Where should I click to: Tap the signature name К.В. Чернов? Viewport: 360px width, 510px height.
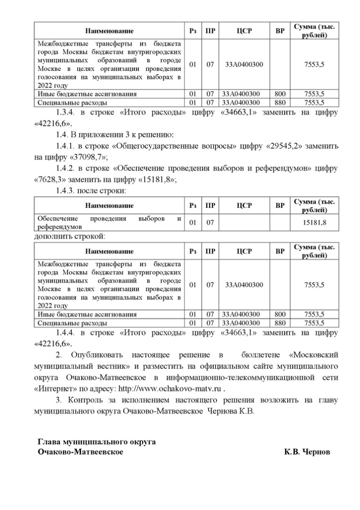[307, 452]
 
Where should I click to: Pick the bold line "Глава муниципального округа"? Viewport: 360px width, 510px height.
[97, 442]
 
